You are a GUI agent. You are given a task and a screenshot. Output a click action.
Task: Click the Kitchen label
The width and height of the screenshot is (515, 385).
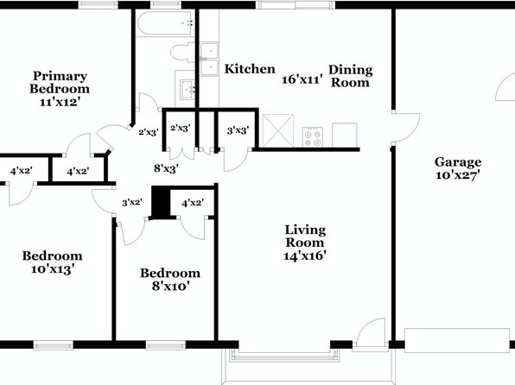pos(250,69)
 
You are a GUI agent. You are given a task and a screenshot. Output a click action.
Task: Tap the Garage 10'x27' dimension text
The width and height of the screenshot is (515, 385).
pos(458,175)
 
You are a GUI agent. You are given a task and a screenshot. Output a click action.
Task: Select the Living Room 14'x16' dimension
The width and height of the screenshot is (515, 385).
pos(305,256)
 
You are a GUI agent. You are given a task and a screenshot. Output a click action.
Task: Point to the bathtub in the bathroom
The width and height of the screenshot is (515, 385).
pos(165,23)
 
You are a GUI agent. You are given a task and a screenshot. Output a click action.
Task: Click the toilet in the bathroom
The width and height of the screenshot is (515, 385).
pos(182,53)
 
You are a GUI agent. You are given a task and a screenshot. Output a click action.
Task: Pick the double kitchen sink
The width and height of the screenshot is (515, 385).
pos(209,59)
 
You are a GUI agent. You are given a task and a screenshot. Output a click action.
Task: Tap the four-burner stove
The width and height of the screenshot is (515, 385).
pos(312,137)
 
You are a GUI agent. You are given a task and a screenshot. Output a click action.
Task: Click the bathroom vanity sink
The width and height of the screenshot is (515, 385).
pos(187,89)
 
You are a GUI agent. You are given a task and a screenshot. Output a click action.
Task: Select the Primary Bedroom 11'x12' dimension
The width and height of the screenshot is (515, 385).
pos(60,102)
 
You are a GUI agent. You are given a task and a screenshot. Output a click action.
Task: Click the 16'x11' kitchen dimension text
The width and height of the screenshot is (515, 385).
pos(302,79)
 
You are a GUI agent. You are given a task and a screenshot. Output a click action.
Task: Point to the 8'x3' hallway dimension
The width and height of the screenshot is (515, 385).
pos(166,168)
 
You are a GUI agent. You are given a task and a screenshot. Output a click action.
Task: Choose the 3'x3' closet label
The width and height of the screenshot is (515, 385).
pos(238,130)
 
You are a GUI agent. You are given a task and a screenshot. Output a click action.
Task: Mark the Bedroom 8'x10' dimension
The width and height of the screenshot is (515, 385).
pos(171,287)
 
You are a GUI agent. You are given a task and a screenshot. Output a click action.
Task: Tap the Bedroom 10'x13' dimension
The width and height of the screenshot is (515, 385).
pos(53,269)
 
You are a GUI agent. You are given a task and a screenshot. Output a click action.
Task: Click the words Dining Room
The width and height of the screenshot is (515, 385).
pos(351,76)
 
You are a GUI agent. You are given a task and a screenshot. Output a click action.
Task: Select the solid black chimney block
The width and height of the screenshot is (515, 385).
pos(161,201)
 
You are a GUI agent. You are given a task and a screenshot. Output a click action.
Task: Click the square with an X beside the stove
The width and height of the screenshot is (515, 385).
pos(278,130)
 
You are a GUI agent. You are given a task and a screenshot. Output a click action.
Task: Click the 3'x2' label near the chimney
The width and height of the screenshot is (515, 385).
pos(132,203)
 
